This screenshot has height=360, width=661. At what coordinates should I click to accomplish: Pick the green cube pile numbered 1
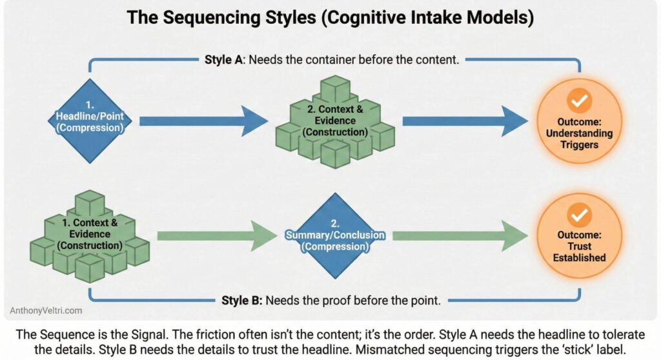point(90,235)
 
